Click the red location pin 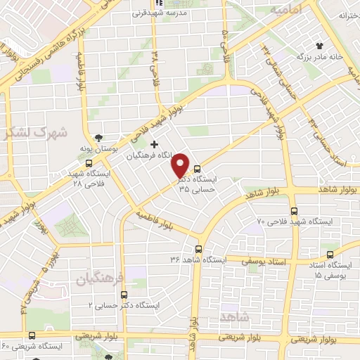point(180,165)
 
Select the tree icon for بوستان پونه point(98,138)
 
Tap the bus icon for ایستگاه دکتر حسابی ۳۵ point(197,169)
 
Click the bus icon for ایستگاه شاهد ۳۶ point(198,249)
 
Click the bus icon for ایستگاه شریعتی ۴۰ point(31,335)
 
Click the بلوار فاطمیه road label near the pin point(155,219)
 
